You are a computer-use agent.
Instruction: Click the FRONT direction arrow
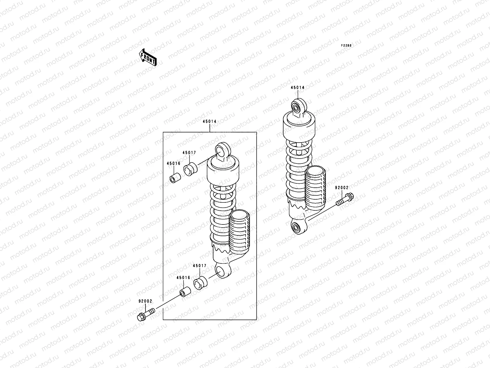[148, 57]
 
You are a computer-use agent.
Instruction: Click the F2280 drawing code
[347, 45]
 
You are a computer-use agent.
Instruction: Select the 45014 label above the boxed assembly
[209, 121]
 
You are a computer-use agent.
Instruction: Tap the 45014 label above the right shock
[297, 87]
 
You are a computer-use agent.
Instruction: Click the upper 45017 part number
[189, 153]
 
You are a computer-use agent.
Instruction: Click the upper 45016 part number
[174, 163]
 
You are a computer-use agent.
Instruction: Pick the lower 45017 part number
[199, 266]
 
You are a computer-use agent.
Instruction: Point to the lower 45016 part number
[183, 278]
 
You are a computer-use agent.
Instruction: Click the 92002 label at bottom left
[145, 301]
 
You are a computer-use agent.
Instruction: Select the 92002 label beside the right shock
[341, 187]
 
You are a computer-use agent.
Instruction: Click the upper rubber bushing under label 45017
[190, 169]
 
